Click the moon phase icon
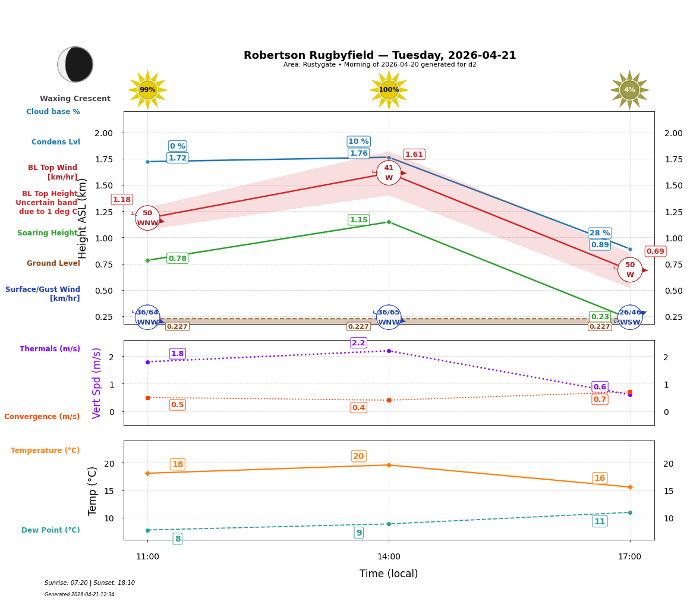pos(75,64)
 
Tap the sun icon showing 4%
pos(629,90)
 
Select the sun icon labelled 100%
pos(389,90)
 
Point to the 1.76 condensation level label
pos(358,153)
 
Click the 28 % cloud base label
pos(600,233)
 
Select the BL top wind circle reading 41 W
pos(389,172)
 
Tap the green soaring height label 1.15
pos(358,220)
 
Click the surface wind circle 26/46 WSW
pos(630,317)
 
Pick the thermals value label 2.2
pos(358,343)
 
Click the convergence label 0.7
pos(600,399)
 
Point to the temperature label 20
pos(358,457)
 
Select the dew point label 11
pos(600,521)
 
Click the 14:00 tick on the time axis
pos(389,557)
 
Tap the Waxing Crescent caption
pos(75,99)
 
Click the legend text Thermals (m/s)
pos(50,349)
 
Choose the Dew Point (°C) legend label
pos(51,530)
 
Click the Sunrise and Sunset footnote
pos(90,583)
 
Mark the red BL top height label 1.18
pos(121,200)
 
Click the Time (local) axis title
pos(389,574)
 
